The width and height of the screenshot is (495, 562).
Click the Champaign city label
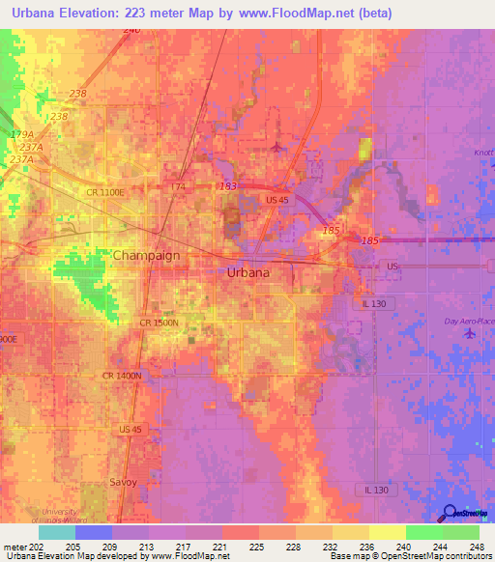click(148, 255)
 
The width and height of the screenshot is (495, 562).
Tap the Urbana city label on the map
click(248, 272)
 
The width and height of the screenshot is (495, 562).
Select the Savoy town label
click(123, 481)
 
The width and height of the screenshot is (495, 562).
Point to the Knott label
click(483, 154)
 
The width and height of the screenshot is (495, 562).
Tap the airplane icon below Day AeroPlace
click(470, 333)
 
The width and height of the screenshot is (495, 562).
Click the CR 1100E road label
click(105, 193)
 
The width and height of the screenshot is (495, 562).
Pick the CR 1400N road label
click(121, 374)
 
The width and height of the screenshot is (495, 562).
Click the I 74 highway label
click(178, 185)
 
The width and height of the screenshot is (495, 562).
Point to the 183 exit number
click(228, 185)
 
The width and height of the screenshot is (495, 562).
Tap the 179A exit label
click(19, 134)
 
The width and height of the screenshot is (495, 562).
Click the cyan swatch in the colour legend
click(57, 531)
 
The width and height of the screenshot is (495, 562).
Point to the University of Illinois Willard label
click(72, 513)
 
